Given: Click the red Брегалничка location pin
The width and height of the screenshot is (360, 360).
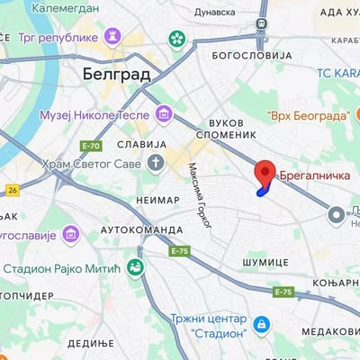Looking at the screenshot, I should click(x=265, y=172).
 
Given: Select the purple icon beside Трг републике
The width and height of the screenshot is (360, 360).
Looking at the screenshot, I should click(x=112, y=37).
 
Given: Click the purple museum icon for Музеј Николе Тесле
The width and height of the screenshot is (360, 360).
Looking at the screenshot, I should click(x=163, y=113).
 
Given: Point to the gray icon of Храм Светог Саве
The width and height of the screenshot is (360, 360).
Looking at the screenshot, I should click(x=156, y=163).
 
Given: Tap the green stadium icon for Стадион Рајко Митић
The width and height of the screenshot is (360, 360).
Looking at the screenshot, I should click(x=135, y=266).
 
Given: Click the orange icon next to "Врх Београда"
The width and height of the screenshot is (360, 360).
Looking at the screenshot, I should click(x=255, y=117).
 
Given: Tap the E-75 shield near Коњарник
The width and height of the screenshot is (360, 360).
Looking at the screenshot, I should click(x=283, y=292).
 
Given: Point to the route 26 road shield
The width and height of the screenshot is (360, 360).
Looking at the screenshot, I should click(x=12, y=190).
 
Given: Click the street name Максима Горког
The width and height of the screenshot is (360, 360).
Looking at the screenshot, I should click(x=199, y=195).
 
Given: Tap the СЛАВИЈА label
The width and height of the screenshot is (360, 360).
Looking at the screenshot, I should click(x=142, y=144).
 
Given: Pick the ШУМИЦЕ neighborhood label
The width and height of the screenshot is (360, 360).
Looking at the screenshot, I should click(x=265, y=261).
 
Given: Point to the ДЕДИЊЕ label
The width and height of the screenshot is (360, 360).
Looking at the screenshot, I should click(x=90, y=343).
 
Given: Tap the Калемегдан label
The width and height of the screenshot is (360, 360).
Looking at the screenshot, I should click(x=67, y=7).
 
